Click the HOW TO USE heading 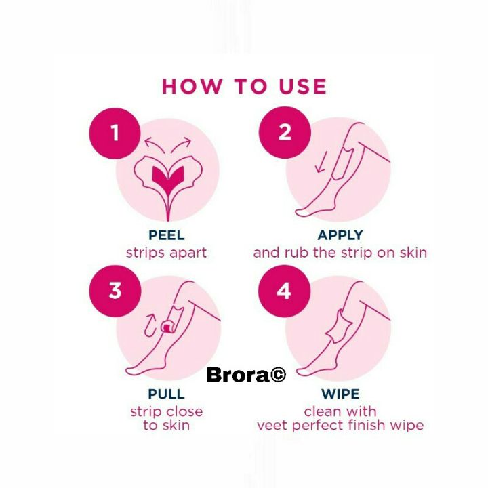tap(244, 87)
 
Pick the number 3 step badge tap(115, 290)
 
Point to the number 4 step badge tap(285, 290)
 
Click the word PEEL tap(166, 235)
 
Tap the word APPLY tap(340, 235)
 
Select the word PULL tap(166, 394)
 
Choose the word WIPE tap(340, 394)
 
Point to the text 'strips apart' tap(166, 252)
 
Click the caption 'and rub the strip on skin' tap(340, 252)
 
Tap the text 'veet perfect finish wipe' tap(340, 426)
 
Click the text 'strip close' tap(166, 411)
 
